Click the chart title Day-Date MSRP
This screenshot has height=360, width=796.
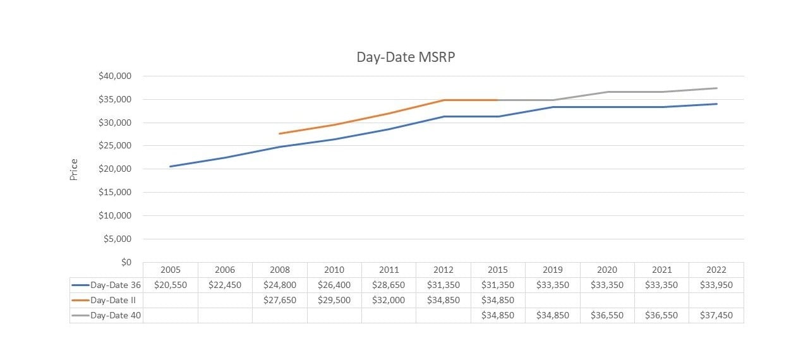(x=406, y=57)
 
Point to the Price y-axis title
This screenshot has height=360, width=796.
(x=74, y=169)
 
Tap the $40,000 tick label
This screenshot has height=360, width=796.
(x=114, y=76)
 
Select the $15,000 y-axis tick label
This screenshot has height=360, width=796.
(x=114, y=193)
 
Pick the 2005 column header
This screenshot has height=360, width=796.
(x=170, y=270)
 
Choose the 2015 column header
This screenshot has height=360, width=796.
(x=498, y=270)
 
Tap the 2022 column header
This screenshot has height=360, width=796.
(x=716, y=270)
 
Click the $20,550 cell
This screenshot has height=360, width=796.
(x=170, y=285)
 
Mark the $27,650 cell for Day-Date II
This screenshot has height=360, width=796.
(x=279, y=300)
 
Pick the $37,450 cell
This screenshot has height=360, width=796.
(x=716, y=315)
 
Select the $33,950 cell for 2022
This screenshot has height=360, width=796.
(x=716, y=285)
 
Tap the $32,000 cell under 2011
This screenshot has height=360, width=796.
(x=389, y=300)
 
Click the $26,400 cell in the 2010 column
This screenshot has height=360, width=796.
(x=334, y=285)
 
